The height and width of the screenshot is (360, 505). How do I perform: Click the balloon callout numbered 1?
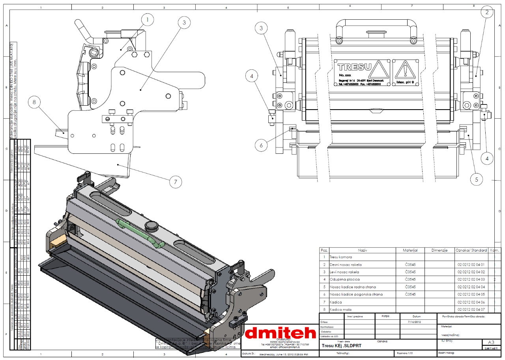(147, 19)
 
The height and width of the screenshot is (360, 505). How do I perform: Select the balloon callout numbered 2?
(487, 12)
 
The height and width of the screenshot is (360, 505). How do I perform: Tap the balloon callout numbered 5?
(477, 180)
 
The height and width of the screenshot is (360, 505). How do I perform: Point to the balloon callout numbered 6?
(261, 145)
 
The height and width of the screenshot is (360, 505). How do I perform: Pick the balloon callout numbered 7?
(175, 182)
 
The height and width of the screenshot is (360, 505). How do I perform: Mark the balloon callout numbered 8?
(34, 103)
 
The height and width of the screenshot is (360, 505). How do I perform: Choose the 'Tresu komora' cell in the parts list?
(340, 257)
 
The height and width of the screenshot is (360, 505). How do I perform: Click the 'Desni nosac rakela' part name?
(346, 265)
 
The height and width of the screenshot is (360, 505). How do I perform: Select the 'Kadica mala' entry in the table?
(340, 310)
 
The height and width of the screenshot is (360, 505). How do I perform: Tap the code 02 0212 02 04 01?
(471, 265)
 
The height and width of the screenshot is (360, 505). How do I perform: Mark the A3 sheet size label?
(491, 342)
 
